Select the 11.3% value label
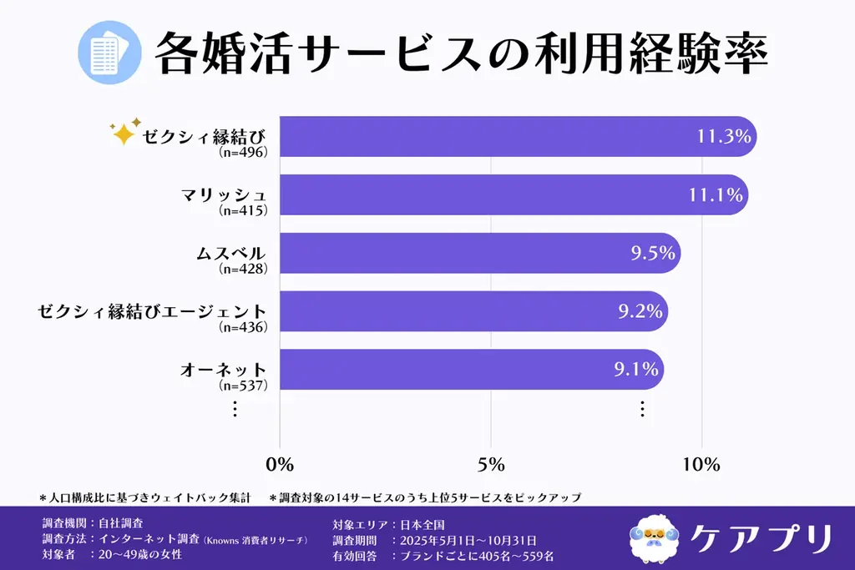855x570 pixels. pyautogui.click(x=724, y=136)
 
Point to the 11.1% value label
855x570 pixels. pyautogui.click(x=716, y=194)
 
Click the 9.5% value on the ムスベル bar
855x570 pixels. pyautogui.click(x=653, y=253)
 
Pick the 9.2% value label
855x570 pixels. pyautogui.click(x=640, y=311)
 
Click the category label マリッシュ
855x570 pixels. pyautogui.click(x=224, y=194)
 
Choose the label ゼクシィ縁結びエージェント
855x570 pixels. pyautogui.click(x=153, y=311)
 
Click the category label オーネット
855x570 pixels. pyautogui.click(x=224, y=369)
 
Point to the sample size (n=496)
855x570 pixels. pyautogui.click(x=243, y=153)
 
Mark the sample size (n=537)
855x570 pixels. pyautogui.click(x=243, y=386)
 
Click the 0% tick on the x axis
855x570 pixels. pyautogui.click(x=279, y=465)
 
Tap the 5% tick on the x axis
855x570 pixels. pyautogui.click(x=491, y=465)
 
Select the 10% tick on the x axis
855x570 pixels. pyautogui.click(x=702, y=465)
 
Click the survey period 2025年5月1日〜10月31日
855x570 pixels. pyautogui.click(x=469, y=540)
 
